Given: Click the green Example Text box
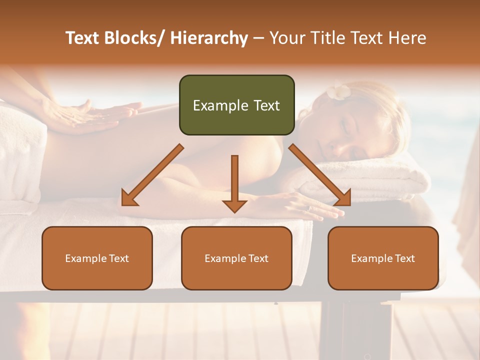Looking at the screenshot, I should [x=236, y=105].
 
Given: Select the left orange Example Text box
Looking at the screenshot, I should [x=97, y=258].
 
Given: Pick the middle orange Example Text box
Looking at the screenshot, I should [x=236, y=258].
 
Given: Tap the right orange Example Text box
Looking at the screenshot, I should [x=383, y=258].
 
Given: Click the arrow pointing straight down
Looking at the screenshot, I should [x=234, y=185].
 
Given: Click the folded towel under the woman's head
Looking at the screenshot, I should [x=380, y=180].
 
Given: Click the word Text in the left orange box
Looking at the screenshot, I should [x=119, y=258].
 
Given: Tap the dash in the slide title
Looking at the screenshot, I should [x=258, y=38].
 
